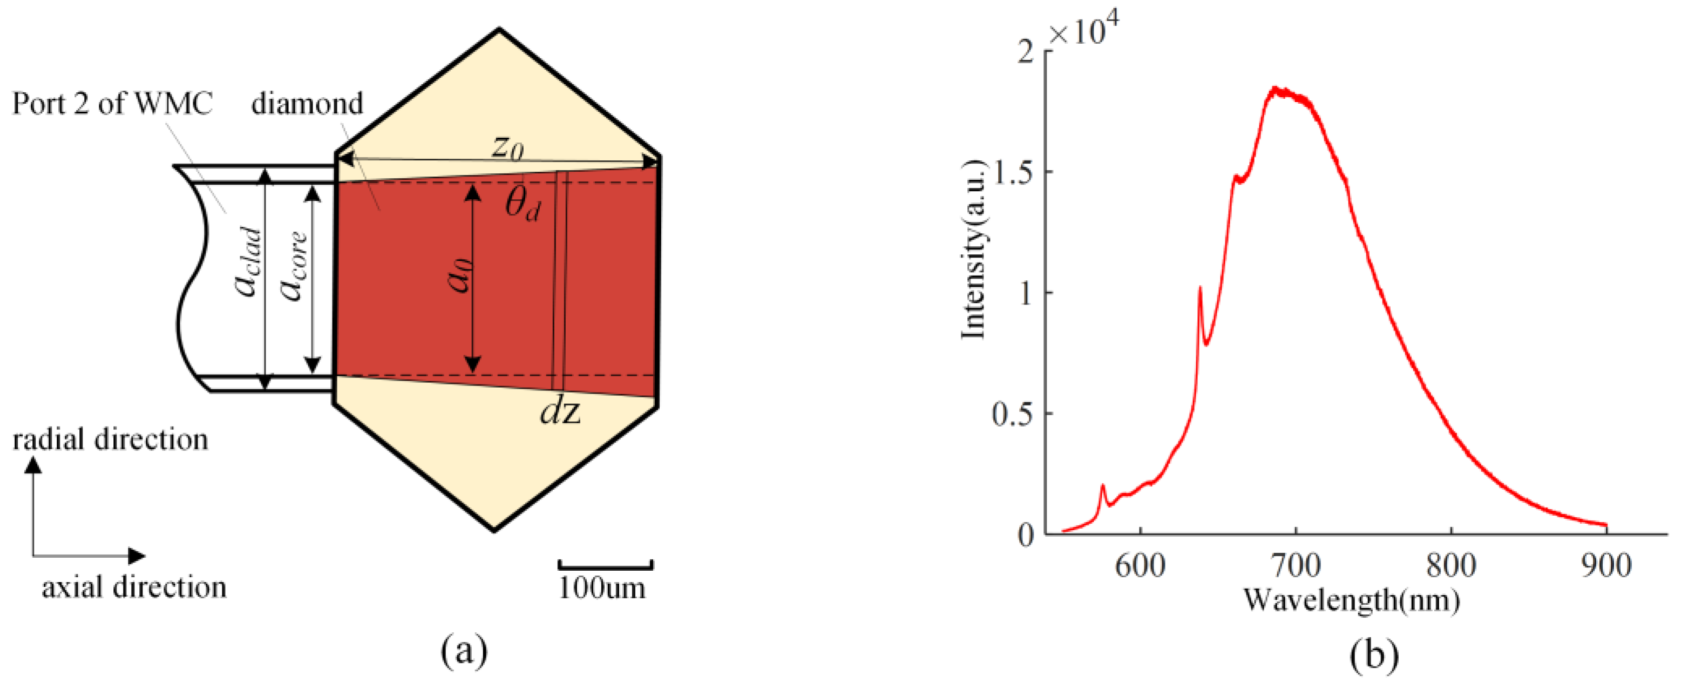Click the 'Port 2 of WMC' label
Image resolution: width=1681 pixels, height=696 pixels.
[x=112, y=104]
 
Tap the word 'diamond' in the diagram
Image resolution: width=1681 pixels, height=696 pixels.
[x=307, y=104]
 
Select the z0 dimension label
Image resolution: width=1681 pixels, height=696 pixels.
[x=507, y=147]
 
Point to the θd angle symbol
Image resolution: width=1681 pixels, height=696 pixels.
[x=523, y=204]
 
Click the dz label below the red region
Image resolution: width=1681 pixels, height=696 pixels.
[x=560, y=411]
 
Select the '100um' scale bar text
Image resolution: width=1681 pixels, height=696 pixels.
[x=602, y=588]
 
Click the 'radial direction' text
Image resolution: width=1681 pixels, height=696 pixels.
[x=110, y=440]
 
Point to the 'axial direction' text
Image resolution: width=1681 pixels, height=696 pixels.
[x=134, y=587]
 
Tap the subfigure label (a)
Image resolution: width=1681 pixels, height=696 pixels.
[x=464, y=652]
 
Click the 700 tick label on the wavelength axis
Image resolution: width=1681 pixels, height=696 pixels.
[x=1296, y=565]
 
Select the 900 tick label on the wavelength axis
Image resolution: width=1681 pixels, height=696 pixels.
[x=1606, y=565]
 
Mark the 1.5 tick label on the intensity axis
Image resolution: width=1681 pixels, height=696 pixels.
[x=1013, y=173]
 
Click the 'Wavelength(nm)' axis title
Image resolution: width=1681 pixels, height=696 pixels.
[x=1351, y=600]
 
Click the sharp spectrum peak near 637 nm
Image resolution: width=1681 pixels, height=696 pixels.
[x=1199, y=288]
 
